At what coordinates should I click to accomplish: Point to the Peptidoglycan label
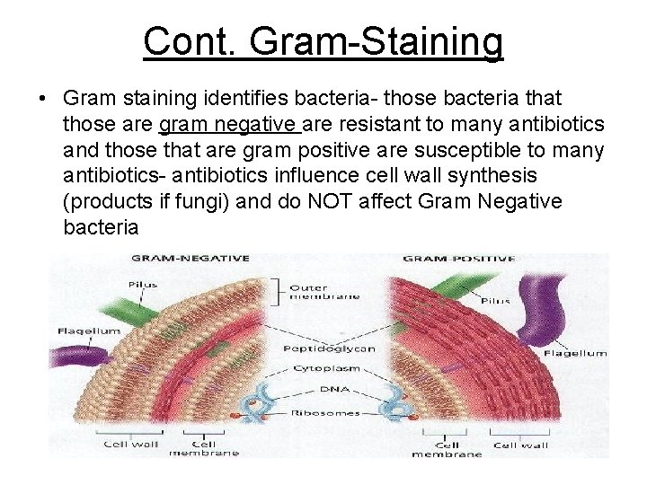tap(328, 348)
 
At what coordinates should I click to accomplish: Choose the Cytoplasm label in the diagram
tap(327, 369)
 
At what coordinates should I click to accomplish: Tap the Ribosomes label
tap(326, 413)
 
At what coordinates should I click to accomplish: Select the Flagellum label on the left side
tap(88, 331)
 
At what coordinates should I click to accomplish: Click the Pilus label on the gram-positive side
tap(495, 301)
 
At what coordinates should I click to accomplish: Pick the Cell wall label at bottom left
tap(131, 445)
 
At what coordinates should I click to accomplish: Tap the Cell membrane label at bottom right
tap(447, 448)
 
